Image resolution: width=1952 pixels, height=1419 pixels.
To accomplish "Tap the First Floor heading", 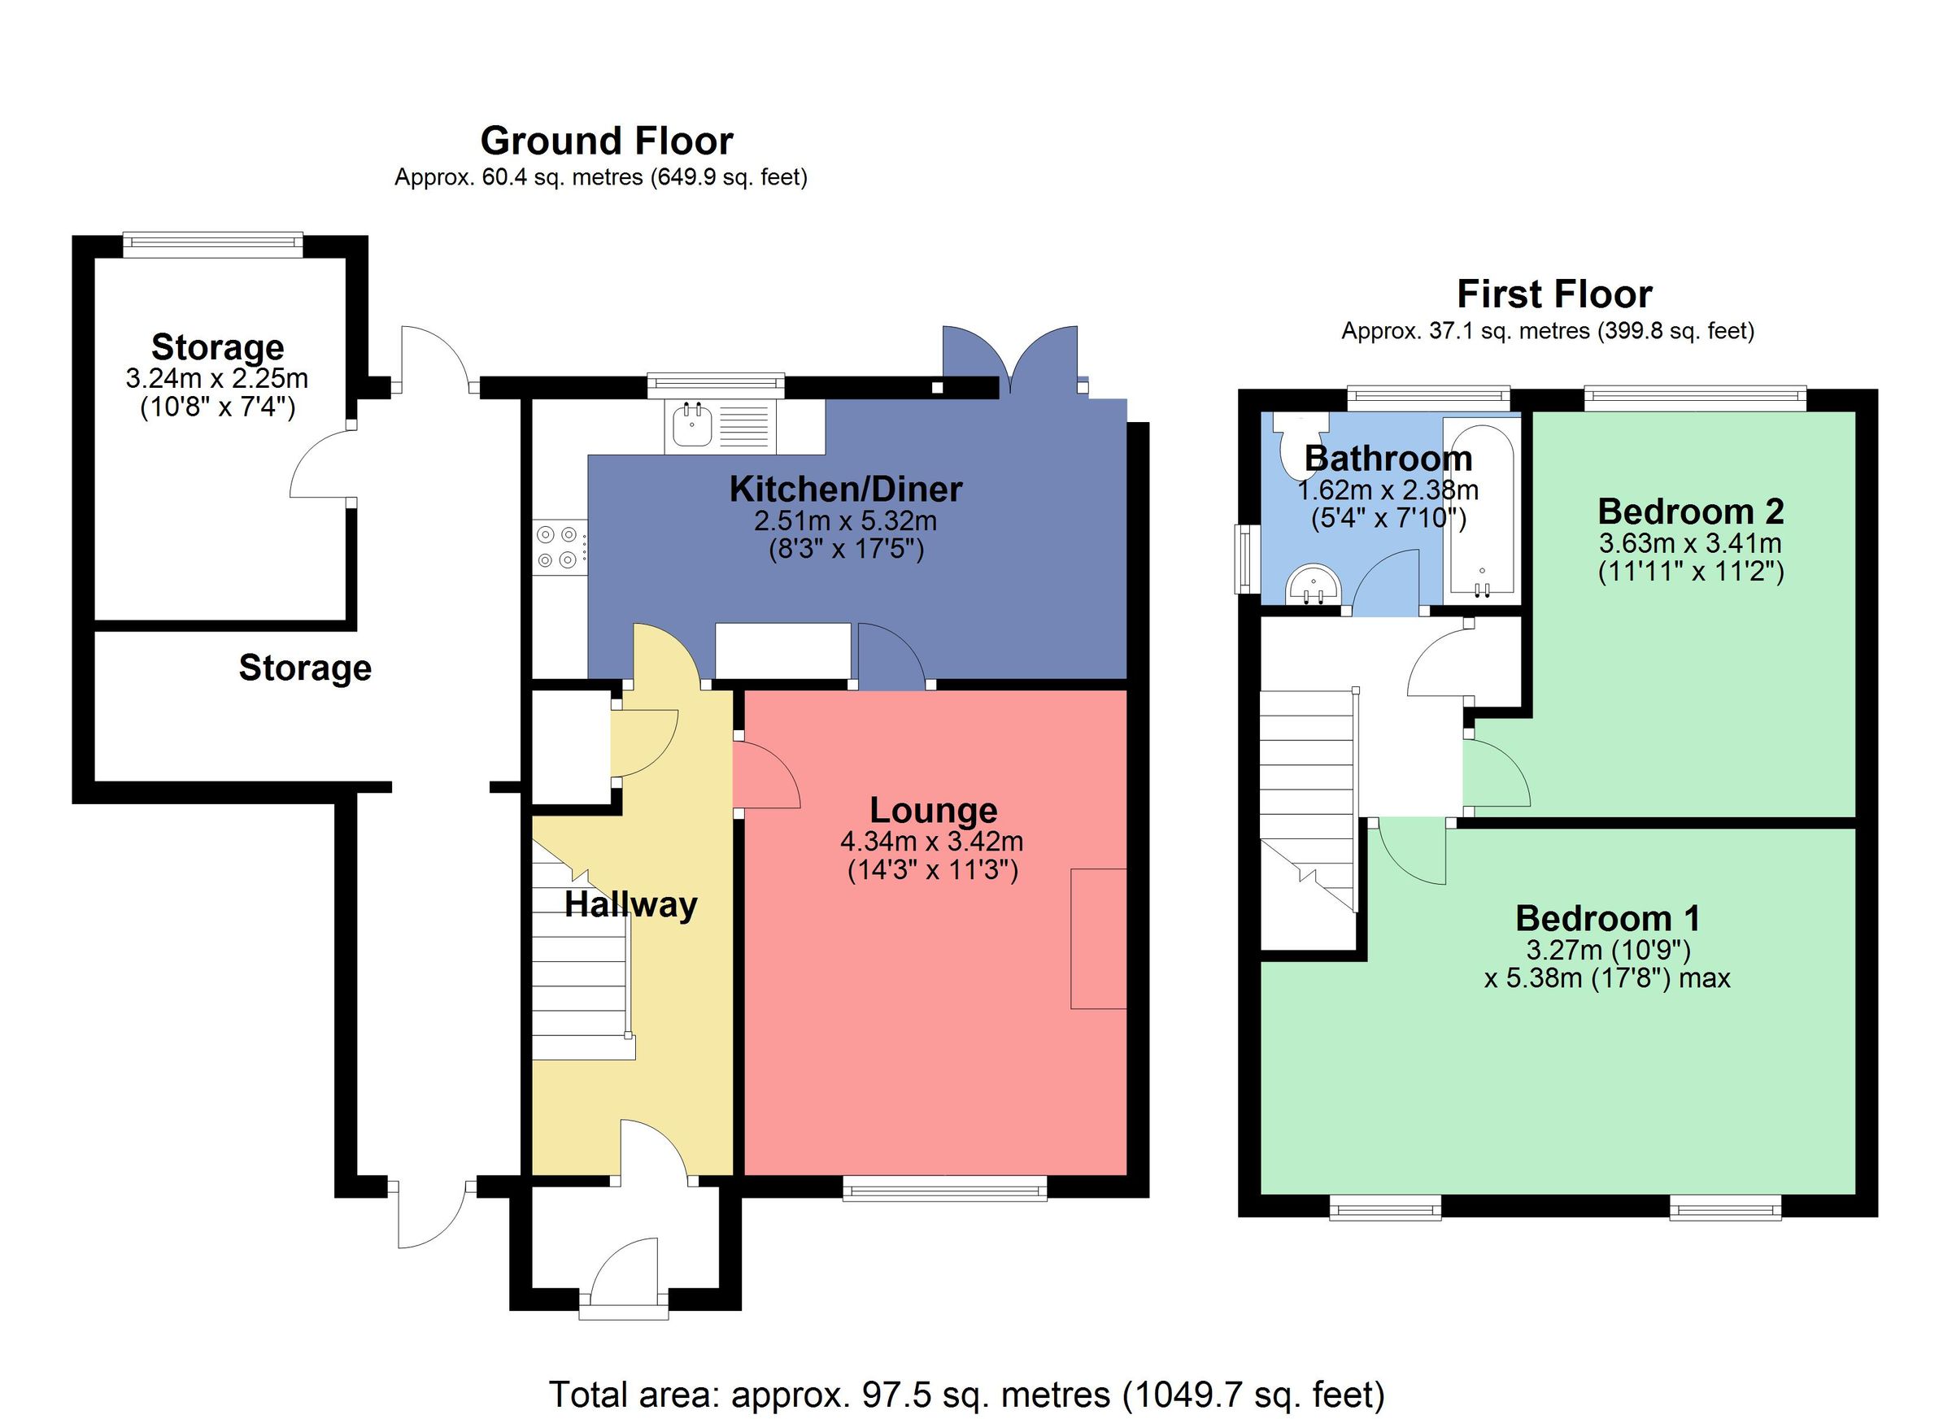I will tap(1553, 294).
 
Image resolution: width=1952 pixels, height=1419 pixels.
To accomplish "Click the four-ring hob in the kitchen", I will tap(557, 547).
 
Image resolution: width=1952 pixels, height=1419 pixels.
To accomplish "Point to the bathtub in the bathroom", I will tap(1480, 507).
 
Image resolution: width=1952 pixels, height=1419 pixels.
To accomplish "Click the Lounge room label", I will tap(933, 810).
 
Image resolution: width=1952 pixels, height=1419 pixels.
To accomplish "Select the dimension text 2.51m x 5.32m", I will tap(845, 520).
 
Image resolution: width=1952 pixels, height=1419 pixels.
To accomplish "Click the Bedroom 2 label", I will tap(1690, 511).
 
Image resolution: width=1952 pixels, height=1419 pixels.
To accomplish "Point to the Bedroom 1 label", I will tap(1607, 918).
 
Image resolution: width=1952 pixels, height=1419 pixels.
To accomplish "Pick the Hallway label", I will tap(631, 904).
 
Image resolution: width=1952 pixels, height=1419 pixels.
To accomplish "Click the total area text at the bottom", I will tap(966, 1394).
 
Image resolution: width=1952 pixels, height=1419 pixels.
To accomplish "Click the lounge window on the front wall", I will tap(944, 1191).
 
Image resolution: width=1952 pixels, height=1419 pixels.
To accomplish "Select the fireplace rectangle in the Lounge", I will tap(1098, 938).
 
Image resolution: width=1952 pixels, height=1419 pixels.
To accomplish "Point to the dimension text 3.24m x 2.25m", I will tap(217, 378).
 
